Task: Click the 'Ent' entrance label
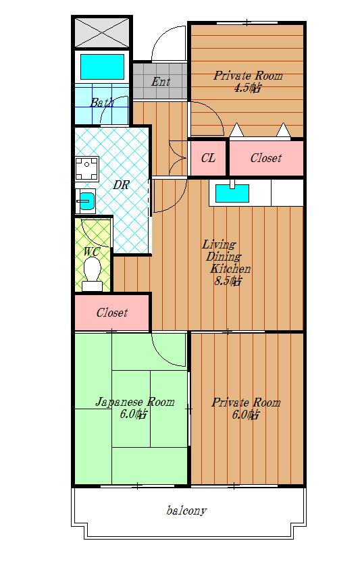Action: click(161, 81)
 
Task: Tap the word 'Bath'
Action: click(102, 103)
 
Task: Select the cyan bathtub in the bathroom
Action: click(102, 67)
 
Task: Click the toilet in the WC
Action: click(92, 274)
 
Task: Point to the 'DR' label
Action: click(121, 185)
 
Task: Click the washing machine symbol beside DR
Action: click(87, 168)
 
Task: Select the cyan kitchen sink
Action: click(232, 193)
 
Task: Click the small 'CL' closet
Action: click(208, 158)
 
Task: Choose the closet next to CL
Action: click(266, 158)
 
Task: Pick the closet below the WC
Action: click(112, 312)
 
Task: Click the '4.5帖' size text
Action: click(247, 88)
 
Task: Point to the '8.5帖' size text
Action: click(227, 281)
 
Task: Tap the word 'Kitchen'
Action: click(230, 269)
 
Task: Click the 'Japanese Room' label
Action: click(135, 402)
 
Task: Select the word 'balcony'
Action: click(186, 511)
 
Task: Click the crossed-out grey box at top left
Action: click(102, 33)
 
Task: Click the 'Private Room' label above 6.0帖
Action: click(247, 402)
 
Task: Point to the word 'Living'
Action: click(219, 244)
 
